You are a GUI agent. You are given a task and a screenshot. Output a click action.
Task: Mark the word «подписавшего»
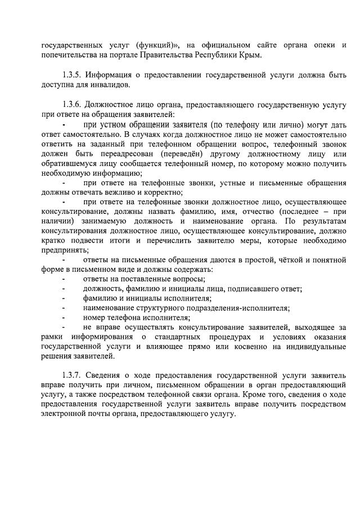[251, 289]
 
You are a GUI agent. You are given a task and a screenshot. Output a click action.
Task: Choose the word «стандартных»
[175, 337]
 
